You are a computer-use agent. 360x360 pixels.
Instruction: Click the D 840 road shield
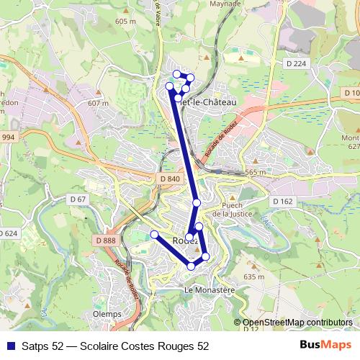coord(170,179)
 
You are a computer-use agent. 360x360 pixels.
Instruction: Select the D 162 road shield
coord(282,202)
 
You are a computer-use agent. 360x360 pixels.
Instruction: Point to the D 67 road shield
coord(78,199)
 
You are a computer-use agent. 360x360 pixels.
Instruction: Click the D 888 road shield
coord(104,240)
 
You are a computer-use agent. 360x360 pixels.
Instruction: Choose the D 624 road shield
coord(7,233)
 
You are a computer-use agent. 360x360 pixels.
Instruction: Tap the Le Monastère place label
coord(210,289)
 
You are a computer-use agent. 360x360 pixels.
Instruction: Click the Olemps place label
coord(107,315)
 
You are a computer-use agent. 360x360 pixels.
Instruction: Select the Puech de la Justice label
coord(240,208)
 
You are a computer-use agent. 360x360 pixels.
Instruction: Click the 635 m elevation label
coord(255,276)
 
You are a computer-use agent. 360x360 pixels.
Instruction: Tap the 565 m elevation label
coord(255,173)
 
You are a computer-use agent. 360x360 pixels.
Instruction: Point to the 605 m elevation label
coord(125,22)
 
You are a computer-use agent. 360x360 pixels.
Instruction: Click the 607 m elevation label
coord(97,104)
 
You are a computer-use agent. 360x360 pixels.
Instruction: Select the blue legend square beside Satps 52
coord(9,346)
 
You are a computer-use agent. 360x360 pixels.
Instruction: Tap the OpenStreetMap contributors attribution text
coord(297,322)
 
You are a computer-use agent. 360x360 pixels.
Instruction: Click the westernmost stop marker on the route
coord(153,234)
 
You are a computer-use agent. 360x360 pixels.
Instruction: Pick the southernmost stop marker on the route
coord(191,266)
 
